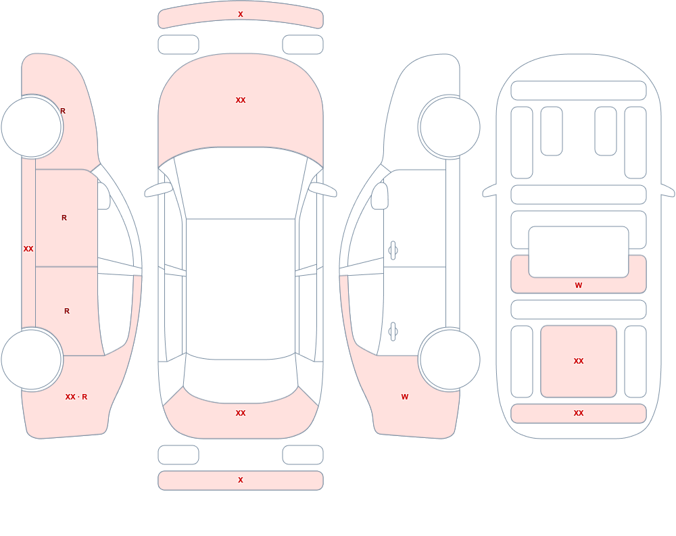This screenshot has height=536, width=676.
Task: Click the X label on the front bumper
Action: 241,14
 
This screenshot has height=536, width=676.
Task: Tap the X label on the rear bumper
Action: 241,480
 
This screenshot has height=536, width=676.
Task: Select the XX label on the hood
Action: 241,100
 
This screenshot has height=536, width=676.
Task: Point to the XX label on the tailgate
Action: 241,413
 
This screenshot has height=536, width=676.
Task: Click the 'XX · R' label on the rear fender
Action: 76,397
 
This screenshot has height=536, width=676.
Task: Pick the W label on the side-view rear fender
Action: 405,397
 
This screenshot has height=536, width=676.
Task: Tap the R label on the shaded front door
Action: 64,218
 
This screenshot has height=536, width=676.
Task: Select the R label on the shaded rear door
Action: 67,311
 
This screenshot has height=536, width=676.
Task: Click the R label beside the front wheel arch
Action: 63,111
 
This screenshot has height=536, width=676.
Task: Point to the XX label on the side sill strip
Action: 28,249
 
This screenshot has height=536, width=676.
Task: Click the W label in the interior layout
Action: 579,285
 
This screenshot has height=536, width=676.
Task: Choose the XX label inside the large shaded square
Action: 579,361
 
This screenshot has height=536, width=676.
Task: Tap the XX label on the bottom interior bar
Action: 579,413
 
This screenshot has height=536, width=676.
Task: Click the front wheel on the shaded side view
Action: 32,127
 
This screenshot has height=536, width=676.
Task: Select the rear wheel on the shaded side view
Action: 32,359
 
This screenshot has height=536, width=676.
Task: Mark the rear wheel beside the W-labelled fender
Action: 450,359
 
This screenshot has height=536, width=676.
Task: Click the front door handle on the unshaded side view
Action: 393,250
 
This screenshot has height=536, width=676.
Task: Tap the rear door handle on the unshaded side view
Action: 393,331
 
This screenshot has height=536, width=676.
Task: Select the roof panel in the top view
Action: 241,289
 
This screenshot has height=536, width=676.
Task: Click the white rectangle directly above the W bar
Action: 579,252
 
